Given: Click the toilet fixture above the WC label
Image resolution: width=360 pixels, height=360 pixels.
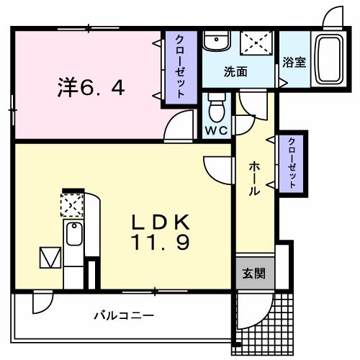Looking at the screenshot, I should click(215, 108).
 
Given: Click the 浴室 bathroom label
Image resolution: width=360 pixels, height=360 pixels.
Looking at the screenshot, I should click(294, 62).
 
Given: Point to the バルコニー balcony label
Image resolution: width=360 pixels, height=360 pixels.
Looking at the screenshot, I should click(123, 315).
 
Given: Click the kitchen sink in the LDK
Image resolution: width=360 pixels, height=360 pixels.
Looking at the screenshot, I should click(73, 234).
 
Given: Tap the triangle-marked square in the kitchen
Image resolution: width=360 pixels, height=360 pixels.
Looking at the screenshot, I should click(49, 256).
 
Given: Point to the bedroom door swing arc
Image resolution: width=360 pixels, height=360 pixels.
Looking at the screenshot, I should click(174, 128).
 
